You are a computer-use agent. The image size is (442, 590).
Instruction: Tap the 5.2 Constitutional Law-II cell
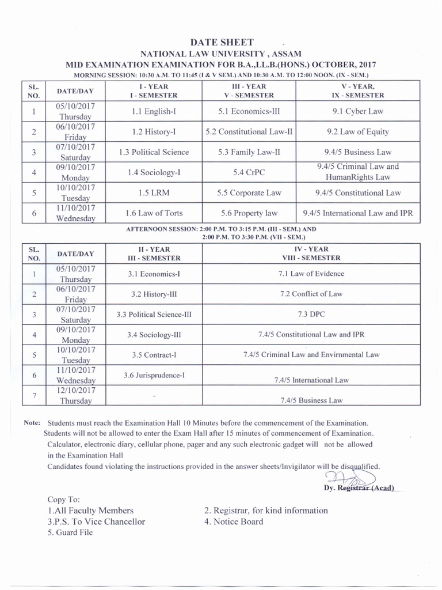pos(249,131)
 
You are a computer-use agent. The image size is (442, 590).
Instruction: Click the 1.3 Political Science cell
pos(153,152)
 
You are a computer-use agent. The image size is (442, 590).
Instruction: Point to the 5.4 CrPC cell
pos(249,172)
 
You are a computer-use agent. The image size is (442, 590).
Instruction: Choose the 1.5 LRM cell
pos(153,193)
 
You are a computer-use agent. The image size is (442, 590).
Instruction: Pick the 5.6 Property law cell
pos(249,213)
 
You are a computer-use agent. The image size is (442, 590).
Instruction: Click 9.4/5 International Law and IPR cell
pos(357,213)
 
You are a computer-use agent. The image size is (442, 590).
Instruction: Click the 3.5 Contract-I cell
pos(154,355)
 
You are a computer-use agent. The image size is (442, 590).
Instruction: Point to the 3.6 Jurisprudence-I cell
pos(154,376)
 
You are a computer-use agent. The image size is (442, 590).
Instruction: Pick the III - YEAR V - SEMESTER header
pos(249,90)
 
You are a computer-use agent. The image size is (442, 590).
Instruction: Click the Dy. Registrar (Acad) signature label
pos(359,488)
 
